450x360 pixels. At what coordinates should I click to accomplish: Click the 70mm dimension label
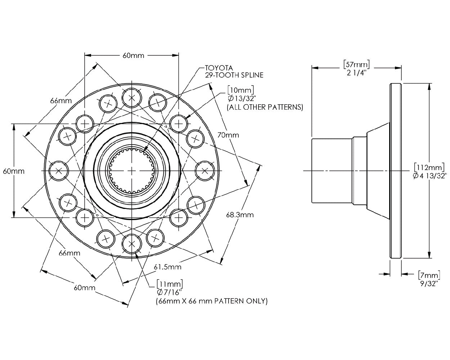pos(228,135)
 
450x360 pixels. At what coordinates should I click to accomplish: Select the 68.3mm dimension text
pos(240,215)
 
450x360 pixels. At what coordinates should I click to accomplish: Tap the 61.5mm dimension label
pos(167,267)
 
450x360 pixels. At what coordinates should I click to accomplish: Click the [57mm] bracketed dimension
pos(356,64)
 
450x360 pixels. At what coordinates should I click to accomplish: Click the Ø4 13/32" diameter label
pos(430,176)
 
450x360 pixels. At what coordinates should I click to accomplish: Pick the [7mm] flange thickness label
pos(429,275)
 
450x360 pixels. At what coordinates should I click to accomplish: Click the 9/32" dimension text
pos(428,284)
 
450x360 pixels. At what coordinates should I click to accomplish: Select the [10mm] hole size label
pos(240,90)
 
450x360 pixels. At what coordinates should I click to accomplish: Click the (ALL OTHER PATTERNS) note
pos(265,107)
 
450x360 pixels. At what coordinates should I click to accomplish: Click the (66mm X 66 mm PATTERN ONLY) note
pos(211,301)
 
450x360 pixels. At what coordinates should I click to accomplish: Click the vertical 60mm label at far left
pos(14,171)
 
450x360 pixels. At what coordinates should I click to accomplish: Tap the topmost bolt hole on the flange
pos(132,97)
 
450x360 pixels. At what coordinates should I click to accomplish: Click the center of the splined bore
pos(132,170)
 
